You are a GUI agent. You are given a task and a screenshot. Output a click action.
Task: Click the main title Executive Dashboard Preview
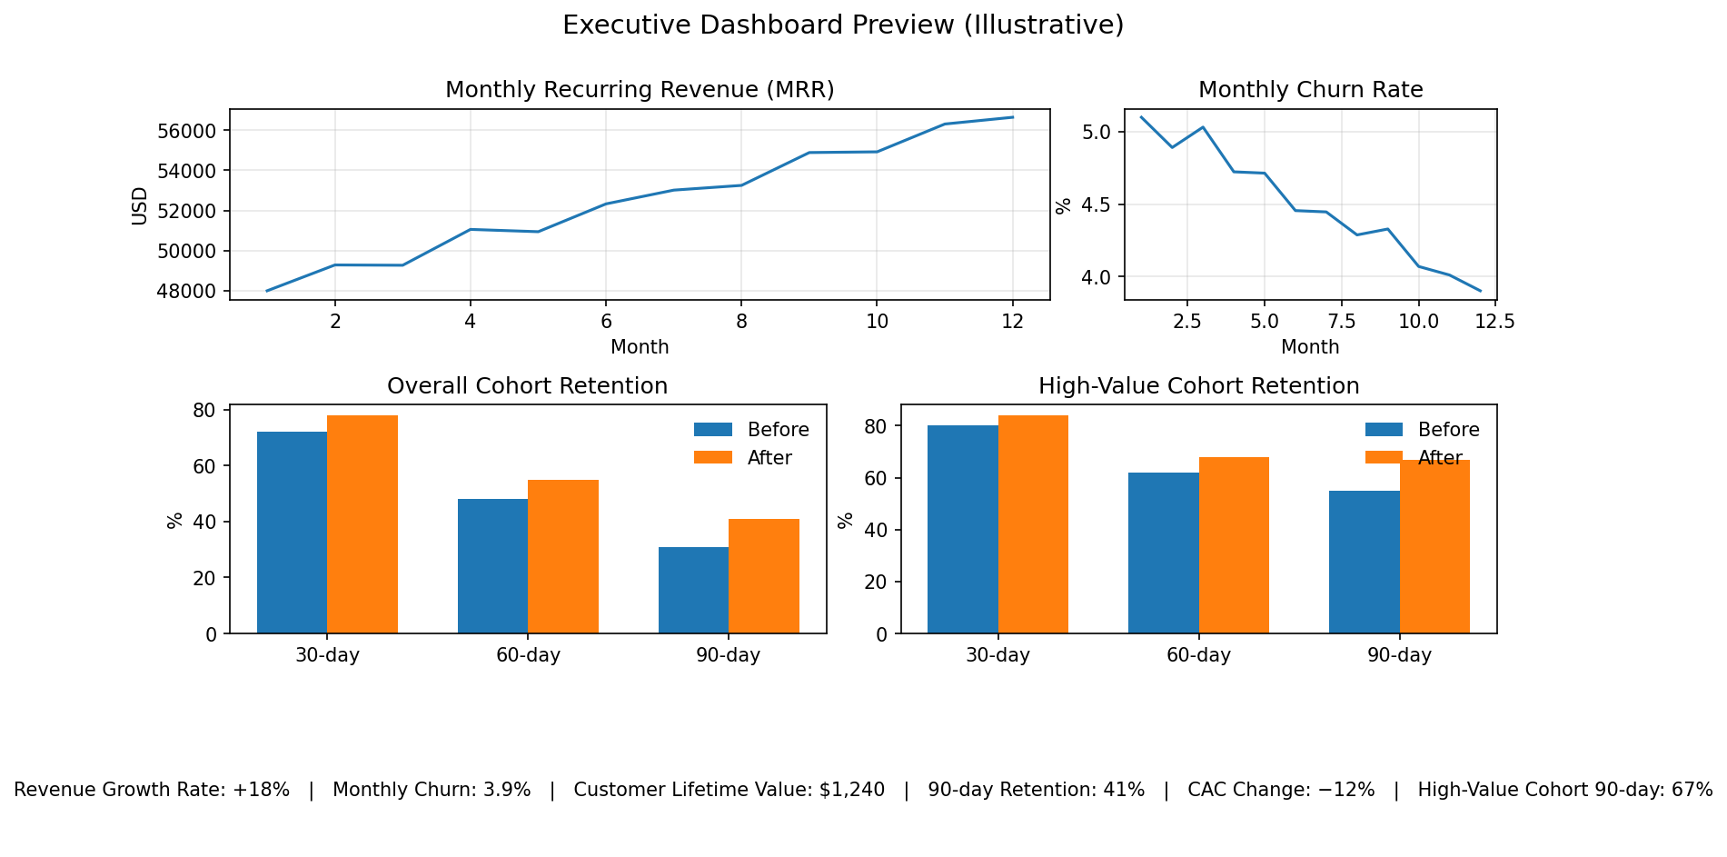[x=842, y=25]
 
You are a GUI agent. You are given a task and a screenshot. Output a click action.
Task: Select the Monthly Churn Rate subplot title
[x=1310, y=90]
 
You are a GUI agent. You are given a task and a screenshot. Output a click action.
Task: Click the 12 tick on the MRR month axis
[x=1012, y=321]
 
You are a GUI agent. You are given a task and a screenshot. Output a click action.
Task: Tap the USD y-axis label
[x=140, y=205]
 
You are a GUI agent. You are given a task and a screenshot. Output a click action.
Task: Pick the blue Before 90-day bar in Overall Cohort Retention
[x=693, y=590]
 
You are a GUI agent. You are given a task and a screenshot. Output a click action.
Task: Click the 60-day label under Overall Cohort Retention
[x=528, y=655]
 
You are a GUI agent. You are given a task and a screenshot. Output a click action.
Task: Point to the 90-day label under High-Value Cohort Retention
[x=1399, y=655]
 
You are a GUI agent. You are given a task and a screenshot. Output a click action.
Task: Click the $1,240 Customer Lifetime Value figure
[x=851, y=790]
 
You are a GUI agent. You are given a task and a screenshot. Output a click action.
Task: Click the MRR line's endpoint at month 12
[x=1012, y=117]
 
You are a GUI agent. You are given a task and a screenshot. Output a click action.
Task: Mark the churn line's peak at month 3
[x=1203, y=127]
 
